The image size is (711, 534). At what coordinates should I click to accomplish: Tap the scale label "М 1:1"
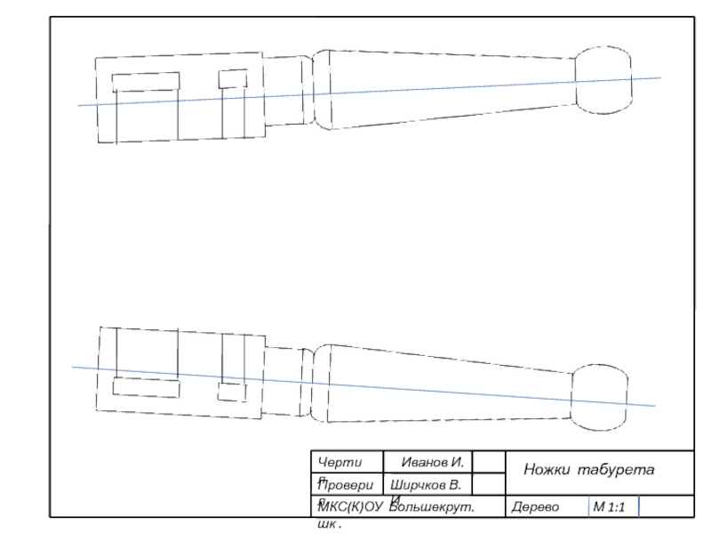pos(611,507)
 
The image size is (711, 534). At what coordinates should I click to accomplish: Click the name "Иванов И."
pos(432,463)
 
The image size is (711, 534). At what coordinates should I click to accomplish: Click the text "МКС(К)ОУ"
pos(348,506)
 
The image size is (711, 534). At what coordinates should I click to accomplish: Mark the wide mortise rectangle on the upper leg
pos(146,81)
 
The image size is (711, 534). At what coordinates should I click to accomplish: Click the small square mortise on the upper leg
pos(232,78)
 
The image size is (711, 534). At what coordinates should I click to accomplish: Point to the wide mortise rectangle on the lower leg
pos(146,387)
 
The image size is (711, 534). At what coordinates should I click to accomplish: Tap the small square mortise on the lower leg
pos(233,392)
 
